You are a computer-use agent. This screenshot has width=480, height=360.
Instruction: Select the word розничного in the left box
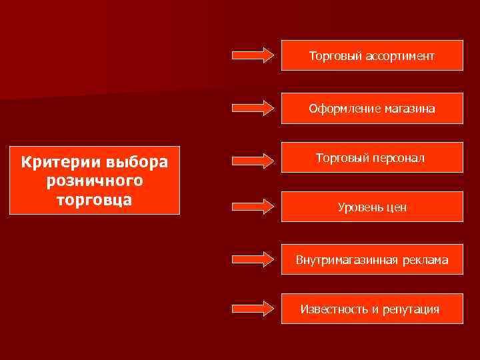point(95,181)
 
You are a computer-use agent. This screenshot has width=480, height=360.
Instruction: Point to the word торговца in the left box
point(95,199)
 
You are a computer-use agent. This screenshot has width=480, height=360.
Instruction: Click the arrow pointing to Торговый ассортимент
point(253,55)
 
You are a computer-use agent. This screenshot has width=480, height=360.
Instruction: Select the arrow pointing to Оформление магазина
point(253,107)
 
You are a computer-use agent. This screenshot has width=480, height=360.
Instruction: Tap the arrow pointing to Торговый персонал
point(253,160)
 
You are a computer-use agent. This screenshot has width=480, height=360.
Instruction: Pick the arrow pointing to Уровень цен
point(253,206)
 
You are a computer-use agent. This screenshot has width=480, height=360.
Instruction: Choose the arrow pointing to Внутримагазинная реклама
point(253,259)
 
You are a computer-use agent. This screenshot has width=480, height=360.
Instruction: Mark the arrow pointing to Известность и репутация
point(253,308)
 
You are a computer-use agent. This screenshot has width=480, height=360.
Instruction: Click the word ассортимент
point(398,56)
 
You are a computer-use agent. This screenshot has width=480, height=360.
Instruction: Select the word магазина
point(410,109)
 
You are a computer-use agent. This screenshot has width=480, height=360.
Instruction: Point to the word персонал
point(398,159)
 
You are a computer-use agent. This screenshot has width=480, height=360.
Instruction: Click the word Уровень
point(360,207)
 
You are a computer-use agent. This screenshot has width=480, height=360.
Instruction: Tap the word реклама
point(425,260)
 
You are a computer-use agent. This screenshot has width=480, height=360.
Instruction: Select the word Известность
point(334,309)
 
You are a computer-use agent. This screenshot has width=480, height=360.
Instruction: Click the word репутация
point(411,309)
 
